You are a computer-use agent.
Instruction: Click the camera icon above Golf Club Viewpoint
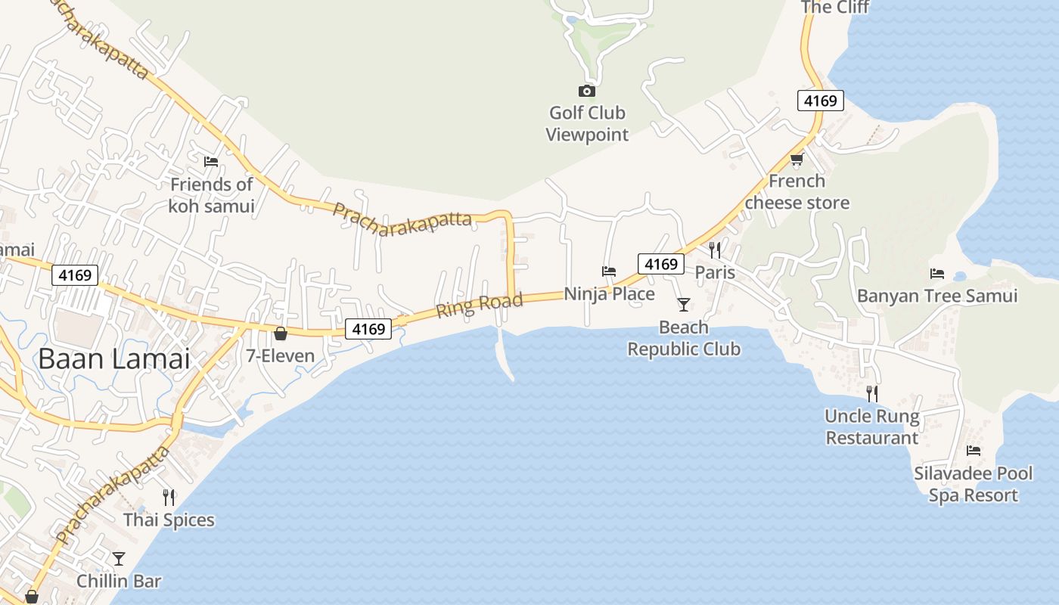coord(586,92)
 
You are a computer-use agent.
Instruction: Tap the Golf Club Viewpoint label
coord(587,124)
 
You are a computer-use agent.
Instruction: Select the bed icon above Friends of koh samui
coord(211,161)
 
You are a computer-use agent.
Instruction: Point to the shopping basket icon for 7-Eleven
coord(281,334)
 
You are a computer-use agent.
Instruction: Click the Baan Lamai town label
coord(113,358)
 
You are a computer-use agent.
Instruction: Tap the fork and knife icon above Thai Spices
coord(169,497)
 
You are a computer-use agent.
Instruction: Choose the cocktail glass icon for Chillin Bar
coord(119,559)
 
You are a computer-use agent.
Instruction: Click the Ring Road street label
coord(479,305)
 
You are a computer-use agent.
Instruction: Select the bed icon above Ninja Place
coord(609,271)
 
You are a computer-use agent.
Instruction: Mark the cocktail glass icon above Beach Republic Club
coord(684,304)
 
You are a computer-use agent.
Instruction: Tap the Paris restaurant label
coord(715,271)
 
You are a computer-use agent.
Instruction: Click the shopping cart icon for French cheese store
coord(797,159)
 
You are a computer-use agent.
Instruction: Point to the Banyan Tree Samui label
coord(937,296)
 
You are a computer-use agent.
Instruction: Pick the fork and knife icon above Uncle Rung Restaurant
coord(872,393)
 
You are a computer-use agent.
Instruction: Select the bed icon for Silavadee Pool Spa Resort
coord(974,451)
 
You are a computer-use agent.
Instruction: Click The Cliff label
coord(835,8)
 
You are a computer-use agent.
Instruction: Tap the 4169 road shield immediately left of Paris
coord(660,264)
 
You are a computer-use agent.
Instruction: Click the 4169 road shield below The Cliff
coord(820,101)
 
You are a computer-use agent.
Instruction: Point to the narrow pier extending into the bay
coord(505,355)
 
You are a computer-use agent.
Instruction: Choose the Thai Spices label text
coord(169,520)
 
